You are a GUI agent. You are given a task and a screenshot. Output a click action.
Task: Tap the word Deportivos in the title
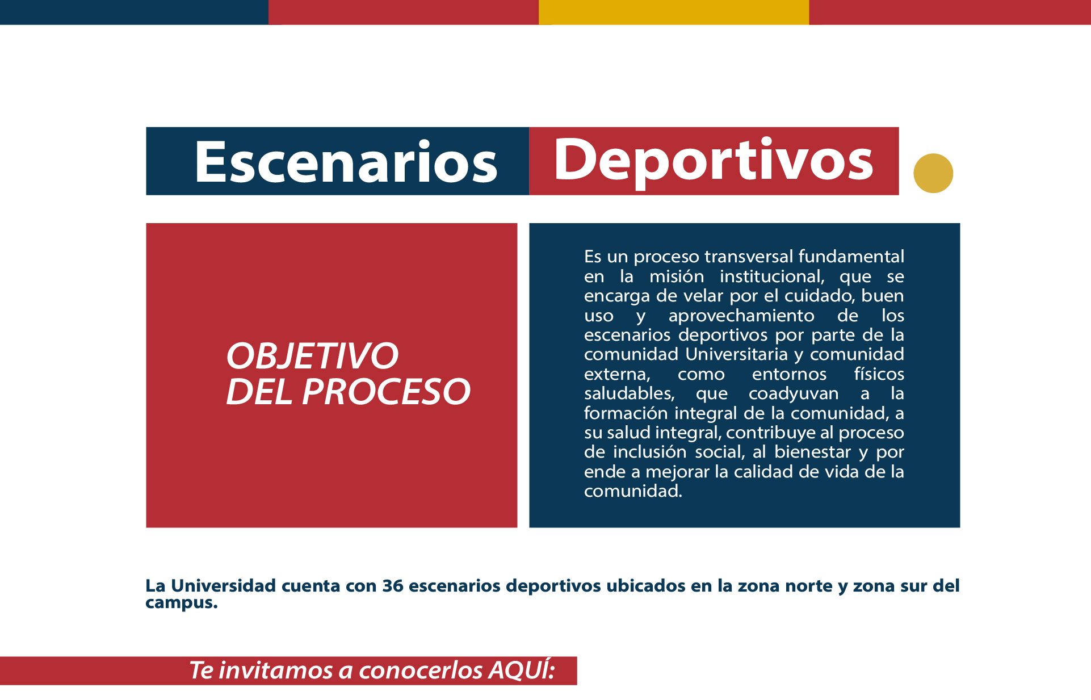click(x=714, y=162)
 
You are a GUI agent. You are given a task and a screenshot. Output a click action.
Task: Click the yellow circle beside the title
click(x=933, y=173)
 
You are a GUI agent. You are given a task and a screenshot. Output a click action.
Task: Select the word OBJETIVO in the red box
click(x=312, y=356)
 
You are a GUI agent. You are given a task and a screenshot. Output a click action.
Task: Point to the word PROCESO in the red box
click(x=386, y=392)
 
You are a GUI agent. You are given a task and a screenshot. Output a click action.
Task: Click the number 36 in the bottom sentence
click(x=393, y=586)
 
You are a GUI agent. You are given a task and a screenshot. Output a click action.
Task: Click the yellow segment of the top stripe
click(x=674, y=12)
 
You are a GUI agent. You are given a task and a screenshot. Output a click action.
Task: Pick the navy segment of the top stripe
click(x=134, y=12)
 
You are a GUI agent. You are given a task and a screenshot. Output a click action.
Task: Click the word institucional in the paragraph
click(x=771, y=276)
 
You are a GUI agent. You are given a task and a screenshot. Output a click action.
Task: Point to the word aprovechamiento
click(x=741, y=316)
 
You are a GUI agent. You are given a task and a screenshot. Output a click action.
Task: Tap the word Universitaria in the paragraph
click(x=737, y=354)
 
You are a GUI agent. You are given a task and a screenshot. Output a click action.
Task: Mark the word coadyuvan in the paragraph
click(x=794, y=394)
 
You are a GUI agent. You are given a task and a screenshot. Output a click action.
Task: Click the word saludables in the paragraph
click(x=630, y=393)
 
